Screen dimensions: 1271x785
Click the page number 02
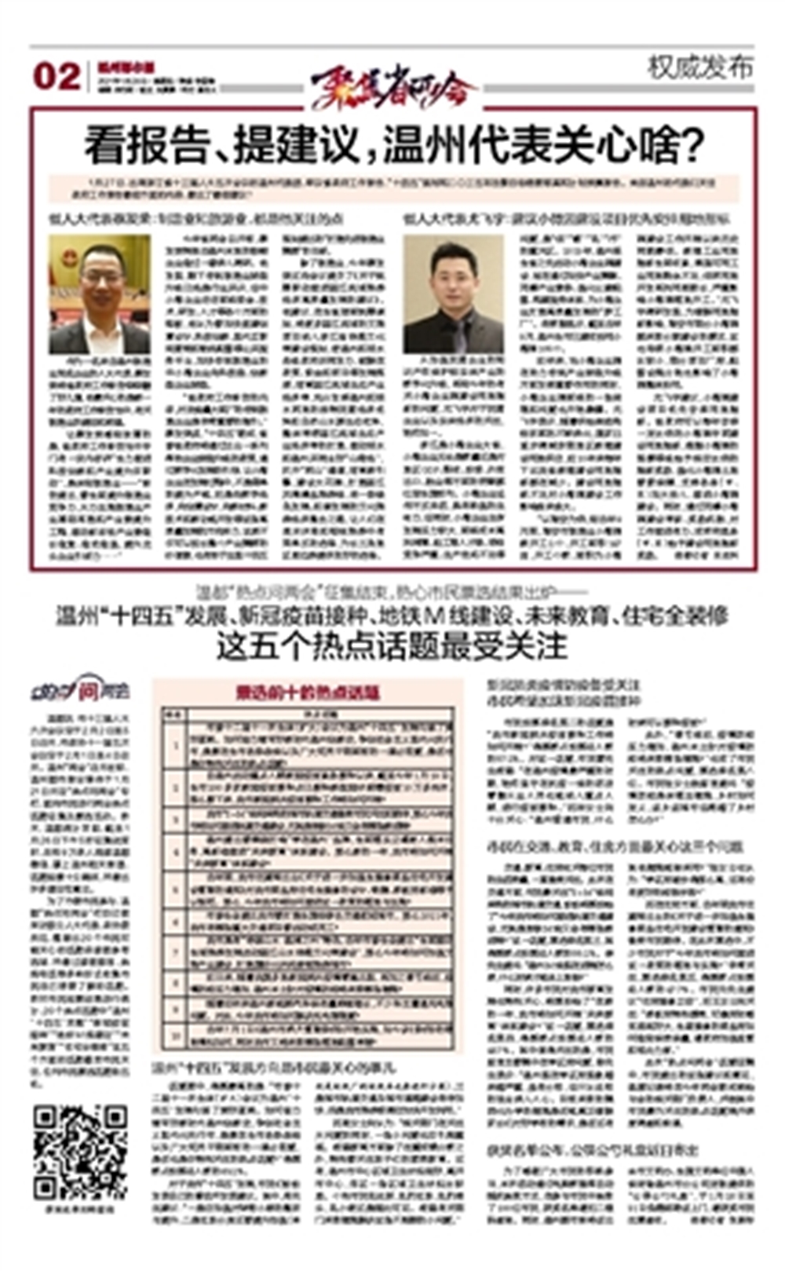pos(57,77)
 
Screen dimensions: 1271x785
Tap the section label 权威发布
pos(699,68)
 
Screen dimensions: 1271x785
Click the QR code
pos(80,1152)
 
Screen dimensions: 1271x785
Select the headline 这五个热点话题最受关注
pos(392,646)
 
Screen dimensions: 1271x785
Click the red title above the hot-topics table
pos(308,692)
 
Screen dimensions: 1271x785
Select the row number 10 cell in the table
pos(177,1037)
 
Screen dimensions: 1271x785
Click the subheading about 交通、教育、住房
pos(615,846)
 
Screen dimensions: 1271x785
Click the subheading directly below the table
pos(274,1068)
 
